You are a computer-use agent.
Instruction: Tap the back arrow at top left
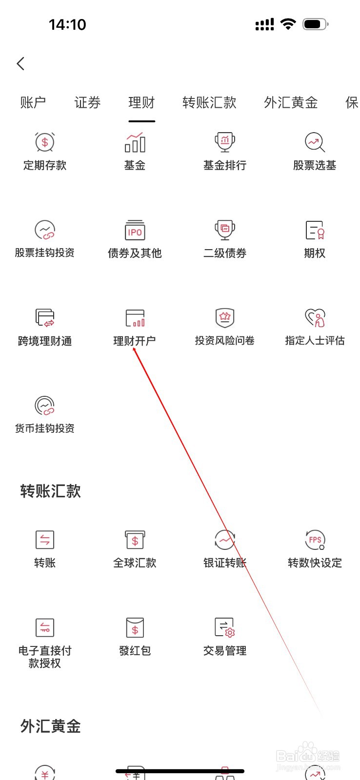point(20,63)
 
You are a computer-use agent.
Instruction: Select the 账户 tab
point(33,102)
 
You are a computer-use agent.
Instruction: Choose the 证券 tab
point(87,102)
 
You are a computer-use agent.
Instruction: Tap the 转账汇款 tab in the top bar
point(209,102)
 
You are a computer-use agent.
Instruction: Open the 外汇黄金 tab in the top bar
point(291,102)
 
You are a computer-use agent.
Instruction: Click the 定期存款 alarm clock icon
point(45,142)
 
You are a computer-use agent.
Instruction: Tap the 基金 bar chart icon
point(135,142)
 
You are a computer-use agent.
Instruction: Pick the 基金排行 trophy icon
point(225,142)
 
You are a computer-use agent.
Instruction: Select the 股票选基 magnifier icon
point(315,142)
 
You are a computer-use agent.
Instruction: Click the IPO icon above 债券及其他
point(135,230)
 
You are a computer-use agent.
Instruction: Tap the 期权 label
point(315,253)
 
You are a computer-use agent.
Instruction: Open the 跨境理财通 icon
point(45,318)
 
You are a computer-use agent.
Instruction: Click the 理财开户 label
point(135,341)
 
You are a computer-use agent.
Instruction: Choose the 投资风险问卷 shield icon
point(225,318)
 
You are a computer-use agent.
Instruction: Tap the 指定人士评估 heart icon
point(315,318)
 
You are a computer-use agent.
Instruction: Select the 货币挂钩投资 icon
point(45,406)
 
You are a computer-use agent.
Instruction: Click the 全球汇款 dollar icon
point(135,540)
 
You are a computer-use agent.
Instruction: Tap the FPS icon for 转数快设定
point(315,540)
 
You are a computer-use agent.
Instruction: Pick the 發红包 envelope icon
point(135,628)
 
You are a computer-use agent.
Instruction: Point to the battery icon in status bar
point(315,24)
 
